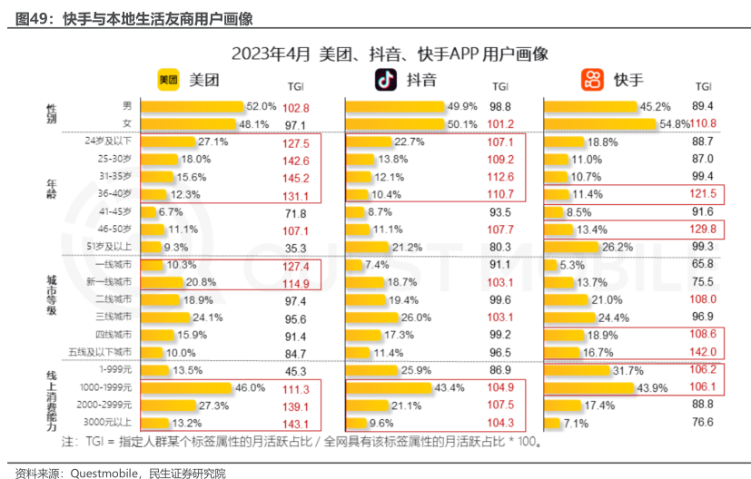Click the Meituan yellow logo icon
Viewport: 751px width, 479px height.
coord(169,80)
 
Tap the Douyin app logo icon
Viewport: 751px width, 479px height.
coord(385,80)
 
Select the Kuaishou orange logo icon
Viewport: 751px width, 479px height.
coord(592,80)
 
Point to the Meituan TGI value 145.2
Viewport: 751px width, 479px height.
coord(296,177)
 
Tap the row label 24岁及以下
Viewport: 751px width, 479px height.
coord(108,142)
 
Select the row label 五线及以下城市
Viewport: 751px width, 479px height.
coord(108,352)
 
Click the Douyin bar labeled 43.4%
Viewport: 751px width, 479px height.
coord(390,387)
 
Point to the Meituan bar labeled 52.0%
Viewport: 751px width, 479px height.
coord(191,106)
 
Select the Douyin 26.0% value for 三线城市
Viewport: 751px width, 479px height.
coord(416,318)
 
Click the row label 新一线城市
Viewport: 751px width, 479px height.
coord(111,282)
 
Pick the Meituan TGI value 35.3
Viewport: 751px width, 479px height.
coord(296,247)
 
